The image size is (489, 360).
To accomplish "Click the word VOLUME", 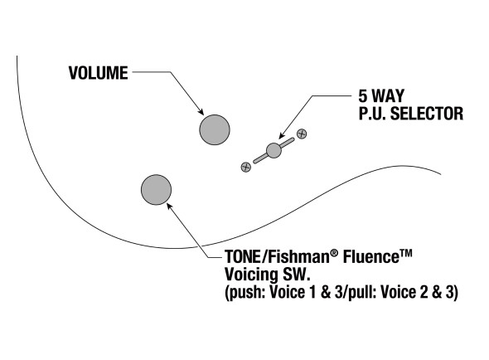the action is coord(99,73).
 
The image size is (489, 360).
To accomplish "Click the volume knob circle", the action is coord(215,129).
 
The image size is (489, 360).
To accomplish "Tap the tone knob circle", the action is coord(157,190).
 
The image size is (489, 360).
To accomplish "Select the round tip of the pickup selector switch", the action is coord(274,150).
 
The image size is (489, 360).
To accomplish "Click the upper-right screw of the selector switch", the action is coord(302,134).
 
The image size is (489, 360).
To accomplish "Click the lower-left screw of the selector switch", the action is coord(246,167).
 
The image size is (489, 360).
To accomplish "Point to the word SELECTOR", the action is coord(427,114).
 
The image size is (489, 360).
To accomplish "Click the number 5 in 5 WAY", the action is coord(362,96).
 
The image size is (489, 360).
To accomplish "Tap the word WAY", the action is coord(388,96).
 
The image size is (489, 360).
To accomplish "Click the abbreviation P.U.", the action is coord(372,114).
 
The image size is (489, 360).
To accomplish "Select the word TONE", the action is coord(242,257).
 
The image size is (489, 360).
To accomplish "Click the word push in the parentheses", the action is coord(245,293).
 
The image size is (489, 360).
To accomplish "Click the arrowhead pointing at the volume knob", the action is coord(201,111).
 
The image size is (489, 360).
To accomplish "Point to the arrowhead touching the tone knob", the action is coord(169,206).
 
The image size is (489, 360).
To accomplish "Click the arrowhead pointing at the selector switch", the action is coord(282,136).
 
